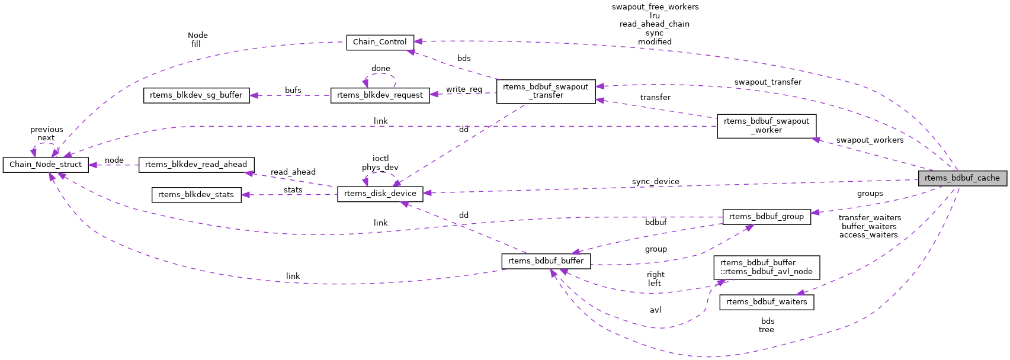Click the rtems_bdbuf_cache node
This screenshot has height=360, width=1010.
click(962, 178)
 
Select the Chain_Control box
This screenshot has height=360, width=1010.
click(380, 42)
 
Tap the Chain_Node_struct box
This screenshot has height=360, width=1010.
click(46, 165)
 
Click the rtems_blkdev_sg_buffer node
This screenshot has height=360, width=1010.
click(196, 95)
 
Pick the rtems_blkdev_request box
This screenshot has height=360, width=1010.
click(380, 95)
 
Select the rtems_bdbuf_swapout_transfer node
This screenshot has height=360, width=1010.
click(546, 91)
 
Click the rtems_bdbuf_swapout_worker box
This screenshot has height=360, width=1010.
click(766, 126)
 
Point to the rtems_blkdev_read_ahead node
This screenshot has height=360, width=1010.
click(196, 165)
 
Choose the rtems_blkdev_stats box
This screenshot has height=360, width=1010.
click(196, 195)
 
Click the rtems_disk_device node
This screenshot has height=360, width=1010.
click(380, 194)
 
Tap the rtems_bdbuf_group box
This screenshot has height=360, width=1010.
click(766, 217)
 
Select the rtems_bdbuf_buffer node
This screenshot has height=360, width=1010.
click(546, 261)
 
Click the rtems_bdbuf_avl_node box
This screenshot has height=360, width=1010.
click(766, 267)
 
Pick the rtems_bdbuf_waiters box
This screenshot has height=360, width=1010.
click(766, 302)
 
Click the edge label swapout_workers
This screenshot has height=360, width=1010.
click(869, 140)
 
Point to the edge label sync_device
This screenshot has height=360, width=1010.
click(655, 182)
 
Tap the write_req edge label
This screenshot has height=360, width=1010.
click(464, 89)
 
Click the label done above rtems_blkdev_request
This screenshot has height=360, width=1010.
click(380, 69)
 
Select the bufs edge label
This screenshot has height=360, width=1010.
click(293, 91)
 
